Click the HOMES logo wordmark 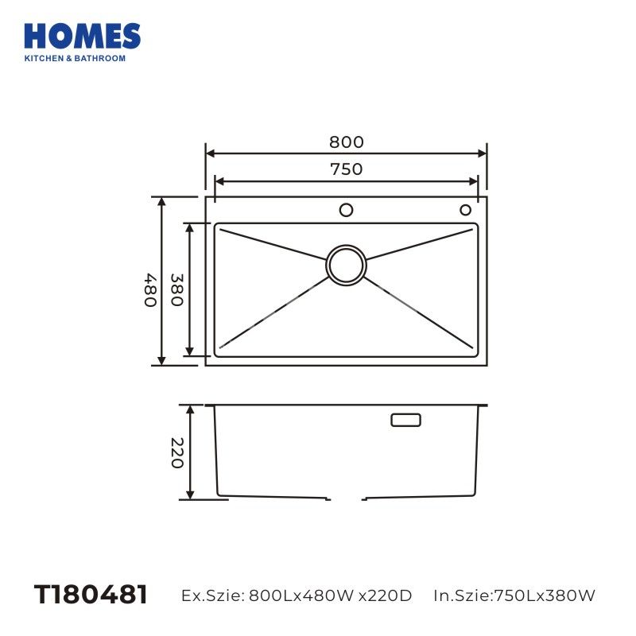point(83,37)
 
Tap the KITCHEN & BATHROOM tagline point(75,58)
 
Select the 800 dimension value point(347,142)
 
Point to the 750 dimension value point(347,169)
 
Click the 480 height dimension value point(150,290)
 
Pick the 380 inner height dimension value point(177,289)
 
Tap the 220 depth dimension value point(177,452)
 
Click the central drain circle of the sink point(346,265)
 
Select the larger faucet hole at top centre point(346,210)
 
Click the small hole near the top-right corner point(465,210)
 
